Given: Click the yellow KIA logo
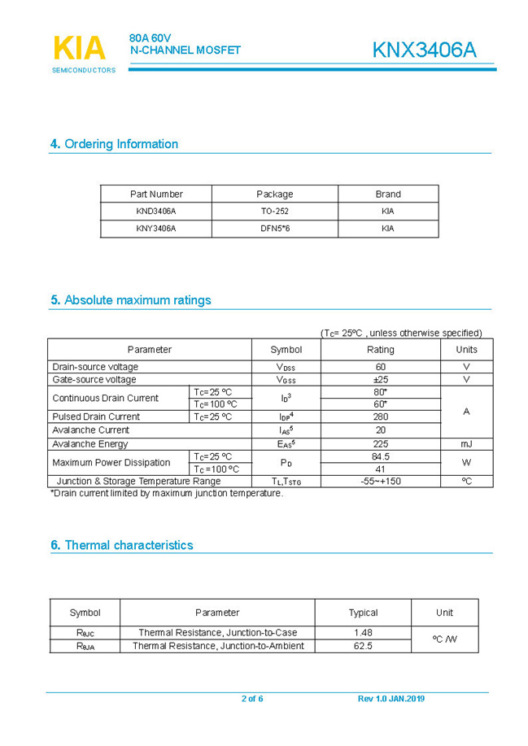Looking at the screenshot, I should click(80, 49).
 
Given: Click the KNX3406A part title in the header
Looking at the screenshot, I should click(424, 50).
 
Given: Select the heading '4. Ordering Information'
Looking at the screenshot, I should click(114, 144).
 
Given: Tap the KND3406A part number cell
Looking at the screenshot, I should click(156, 212).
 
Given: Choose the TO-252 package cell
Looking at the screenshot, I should click(275, 212).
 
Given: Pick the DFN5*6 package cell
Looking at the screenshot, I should click(275, 229).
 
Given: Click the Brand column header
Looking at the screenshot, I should click(388, 194).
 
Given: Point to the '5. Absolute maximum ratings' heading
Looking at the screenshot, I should click(130, 300).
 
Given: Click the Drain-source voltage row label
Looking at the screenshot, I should click(95, 367).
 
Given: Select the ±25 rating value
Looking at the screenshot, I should click(380, 380).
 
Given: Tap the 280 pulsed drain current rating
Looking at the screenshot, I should click(380, 417).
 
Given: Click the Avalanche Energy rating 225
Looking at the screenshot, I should click(380, 444).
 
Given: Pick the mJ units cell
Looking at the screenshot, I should click(466, 444).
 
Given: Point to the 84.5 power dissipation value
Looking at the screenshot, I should click(380, 457).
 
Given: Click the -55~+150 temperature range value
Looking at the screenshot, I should click(380, 482).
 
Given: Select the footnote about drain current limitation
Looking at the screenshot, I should click(167, 493).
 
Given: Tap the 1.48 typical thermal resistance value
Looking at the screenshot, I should click(363, 633).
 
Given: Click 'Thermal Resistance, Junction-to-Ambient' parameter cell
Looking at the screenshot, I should click(218, 646).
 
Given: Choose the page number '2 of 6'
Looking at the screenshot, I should click(252, 699).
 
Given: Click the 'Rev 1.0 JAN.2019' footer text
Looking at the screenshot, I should click(391, 699).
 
